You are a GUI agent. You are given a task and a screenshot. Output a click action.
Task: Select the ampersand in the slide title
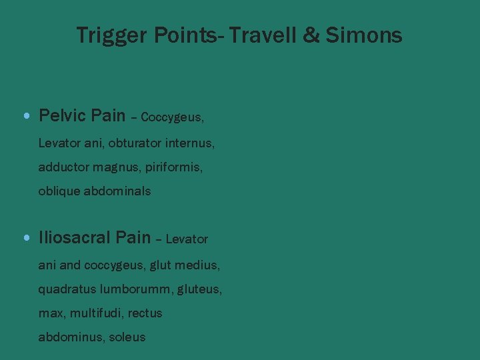click(x=311, y=35)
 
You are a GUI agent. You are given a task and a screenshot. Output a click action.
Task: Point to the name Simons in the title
click(x=364, y=35)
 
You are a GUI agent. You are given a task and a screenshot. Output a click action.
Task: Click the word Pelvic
click(x=62, y=116)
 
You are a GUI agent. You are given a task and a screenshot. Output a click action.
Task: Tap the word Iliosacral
click(x=75, y=237)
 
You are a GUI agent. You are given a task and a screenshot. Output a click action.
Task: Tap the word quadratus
click(x=67, y=289)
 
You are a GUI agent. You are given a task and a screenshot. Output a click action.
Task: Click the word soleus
click(x=127, y=337)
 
